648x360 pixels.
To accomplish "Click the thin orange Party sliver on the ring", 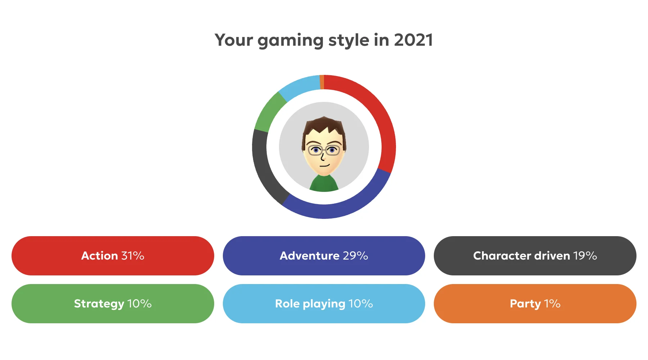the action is click(322, 82).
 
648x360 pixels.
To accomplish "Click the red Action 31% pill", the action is click(113, 256).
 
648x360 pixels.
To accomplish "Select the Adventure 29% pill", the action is click(324, 256).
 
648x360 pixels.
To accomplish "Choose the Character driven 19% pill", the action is click(535, 256).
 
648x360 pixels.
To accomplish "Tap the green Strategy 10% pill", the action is click(113, 303).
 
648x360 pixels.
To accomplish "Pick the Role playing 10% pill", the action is click(324, 303).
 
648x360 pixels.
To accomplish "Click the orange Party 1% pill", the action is click(535, 303).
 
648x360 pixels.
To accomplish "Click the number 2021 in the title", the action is click(413, 40).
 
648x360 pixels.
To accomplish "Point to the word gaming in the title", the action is click(291, 41).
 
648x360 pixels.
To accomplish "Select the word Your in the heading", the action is click(234, 40).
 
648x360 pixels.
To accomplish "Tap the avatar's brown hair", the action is click(324, 126).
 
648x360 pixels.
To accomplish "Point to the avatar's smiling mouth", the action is click(325, 165).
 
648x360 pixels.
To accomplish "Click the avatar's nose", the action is click(323, 157).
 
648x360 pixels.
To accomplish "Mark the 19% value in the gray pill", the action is click(585, 256).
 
